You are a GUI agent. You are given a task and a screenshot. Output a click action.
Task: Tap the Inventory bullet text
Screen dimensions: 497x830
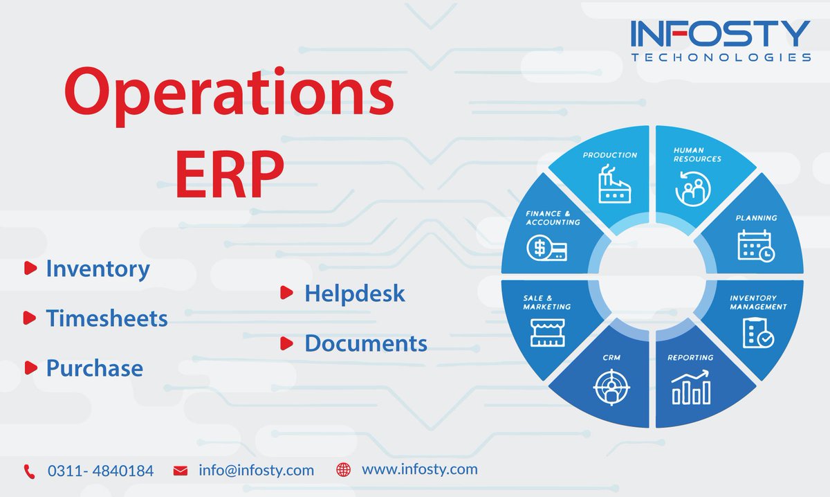point(98,269)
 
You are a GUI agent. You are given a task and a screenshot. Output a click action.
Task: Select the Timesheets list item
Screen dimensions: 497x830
point(107,318)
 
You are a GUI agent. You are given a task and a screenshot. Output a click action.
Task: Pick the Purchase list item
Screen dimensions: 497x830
point(94,368)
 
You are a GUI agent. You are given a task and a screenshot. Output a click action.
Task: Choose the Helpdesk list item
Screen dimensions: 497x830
point(354,293)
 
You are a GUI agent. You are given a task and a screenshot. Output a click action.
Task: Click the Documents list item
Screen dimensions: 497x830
point(365,343)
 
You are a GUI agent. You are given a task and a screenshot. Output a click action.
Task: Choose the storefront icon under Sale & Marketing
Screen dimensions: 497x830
point(546,332)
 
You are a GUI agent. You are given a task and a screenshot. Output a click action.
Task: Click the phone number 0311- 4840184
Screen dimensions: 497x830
point(100,471)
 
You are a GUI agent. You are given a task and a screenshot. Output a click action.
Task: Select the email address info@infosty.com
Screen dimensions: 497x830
point(256,471)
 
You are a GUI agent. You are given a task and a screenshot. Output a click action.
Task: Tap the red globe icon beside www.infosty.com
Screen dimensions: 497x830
point(343,470)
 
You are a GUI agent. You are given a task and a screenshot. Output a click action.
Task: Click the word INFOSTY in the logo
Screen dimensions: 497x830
point(720,35)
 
